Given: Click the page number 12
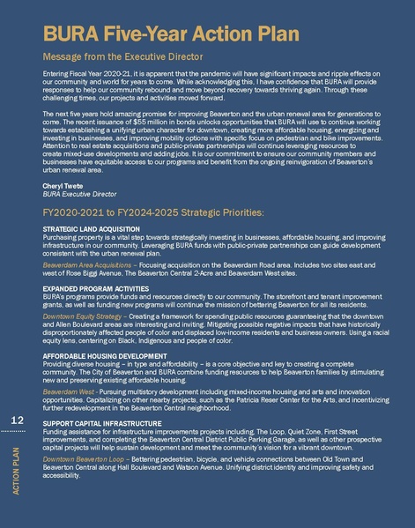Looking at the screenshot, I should [x=17, y=422].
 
